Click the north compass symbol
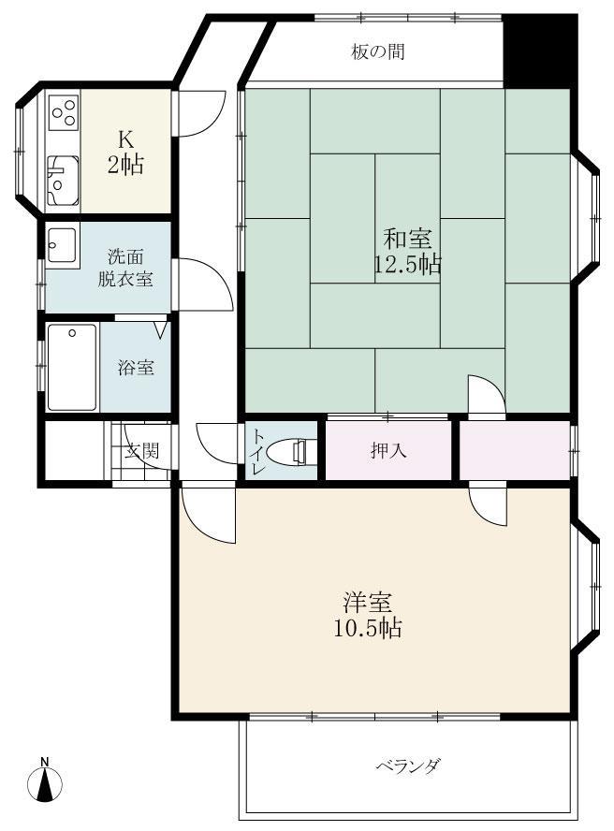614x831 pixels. (x=45, y=780)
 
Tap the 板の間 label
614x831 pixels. (x=378, y=51)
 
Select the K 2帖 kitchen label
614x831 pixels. (x=124, y=153)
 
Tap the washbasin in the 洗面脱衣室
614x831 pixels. (x=63, y=245)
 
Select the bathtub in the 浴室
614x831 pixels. (x=71, y=367)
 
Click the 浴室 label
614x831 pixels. (x=136, y=368)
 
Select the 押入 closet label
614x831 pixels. (x=387, y=451)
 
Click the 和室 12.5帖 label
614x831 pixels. (x=406, y=251)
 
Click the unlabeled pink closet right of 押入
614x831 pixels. (x=513, y=451)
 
